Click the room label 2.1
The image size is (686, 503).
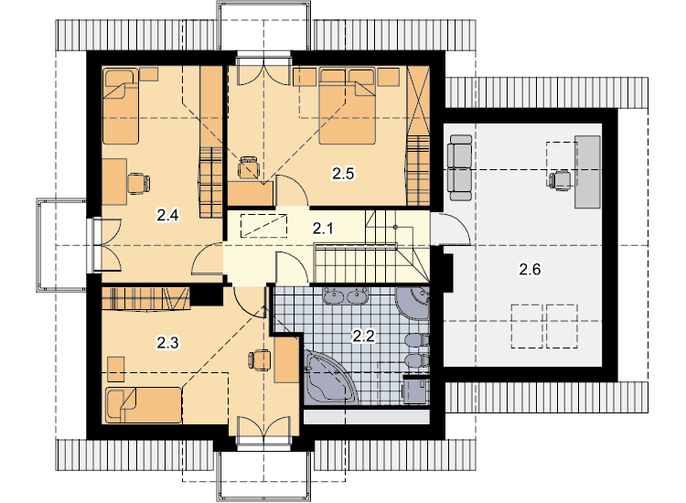323,228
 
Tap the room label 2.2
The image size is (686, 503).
364,337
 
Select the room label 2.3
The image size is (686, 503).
168,342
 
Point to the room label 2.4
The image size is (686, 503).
168,215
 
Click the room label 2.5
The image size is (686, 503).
343,174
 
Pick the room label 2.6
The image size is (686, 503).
530,269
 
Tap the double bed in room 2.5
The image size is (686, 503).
348,106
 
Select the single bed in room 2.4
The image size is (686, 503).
121,106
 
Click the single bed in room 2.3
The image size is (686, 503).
144,405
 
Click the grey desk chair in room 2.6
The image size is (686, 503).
560,181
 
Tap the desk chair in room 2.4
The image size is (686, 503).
139,183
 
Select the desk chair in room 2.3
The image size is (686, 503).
261,359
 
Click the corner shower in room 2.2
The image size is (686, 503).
413,304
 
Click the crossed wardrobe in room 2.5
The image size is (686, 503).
418,101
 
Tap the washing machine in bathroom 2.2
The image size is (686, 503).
414,390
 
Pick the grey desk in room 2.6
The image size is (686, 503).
587,171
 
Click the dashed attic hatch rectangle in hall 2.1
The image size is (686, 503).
263,225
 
